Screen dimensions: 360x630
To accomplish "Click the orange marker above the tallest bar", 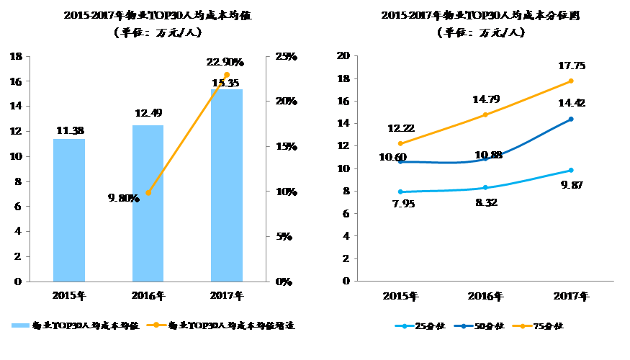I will tap(227, 75).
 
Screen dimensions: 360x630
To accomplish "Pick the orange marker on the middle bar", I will tap(148, 193).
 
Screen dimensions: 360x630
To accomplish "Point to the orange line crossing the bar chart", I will tap(187, 134).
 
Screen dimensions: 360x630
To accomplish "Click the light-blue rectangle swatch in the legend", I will tap(20, 325).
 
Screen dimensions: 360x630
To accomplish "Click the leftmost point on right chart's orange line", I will tap(400, 143).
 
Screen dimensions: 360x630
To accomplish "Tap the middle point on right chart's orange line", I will tap(485, 114).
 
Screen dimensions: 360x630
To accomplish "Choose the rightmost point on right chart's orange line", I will tap(571, 81).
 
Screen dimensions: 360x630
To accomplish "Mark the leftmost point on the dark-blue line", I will tap(400, 162).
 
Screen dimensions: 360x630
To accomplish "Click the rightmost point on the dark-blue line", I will tap(571, 119).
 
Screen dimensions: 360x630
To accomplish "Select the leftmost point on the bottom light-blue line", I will tap(400, 192).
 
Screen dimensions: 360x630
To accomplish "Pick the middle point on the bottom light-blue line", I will tap(485, 187).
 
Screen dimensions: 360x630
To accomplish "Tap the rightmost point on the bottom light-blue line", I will tap(571, 170).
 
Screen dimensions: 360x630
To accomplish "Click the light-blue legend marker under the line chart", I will tap(405, 326).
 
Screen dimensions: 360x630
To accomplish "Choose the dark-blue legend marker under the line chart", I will tap(464, 326).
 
